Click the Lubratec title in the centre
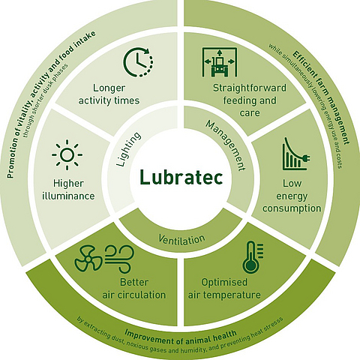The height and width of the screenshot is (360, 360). (181, 177)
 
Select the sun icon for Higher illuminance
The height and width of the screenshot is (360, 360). (67, 155)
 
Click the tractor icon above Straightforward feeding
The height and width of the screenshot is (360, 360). (220, 61)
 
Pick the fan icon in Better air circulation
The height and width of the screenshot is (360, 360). (88, 259)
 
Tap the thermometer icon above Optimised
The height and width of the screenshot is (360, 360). (253, 257)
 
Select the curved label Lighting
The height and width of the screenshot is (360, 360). (128, 149)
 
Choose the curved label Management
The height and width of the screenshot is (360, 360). (226, 145)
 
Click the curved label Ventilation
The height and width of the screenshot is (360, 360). (181, 240)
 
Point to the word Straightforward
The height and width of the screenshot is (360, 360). (250, 88)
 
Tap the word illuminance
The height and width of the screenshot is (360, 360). (68, 196)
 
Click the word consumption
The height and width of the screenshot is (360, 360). (292, 208)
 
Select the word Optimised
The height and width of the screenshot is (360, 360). (224, 283)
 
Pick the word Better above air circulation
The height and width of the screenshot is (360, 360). (134, 282)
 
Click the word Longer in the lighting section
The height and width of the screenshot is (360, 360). (109, 88)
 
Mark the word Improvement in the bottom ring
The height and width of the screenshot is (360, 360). (149, 337)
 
